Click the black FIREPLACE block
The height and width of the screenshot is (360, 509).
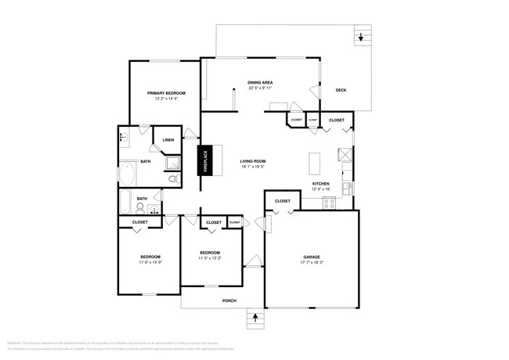[204, 160]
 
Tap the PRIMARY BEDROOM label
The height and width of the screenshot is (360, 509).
[165, 93]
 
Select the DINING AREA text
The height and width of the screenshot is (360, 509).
[260, 82]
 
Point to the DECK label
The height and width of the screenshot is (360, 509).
[341, 90]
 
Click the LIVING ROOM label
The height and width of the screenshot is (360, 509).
[252, 160]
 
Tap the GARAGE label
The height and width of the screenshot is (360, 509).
[312, 257]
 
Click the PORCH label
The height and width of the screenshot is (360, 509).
[229, 301]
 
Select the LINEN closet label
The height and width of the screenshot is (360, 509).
[168, 140]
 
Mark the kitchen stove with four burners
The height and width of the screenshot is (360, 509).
[330, 203]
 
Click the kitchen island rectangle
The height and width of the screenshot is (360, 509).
[316, 164]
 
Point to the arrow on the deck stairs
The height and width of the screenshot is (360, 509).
[361, 37]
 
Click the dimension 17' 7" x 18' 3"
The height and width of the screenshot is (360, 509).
[312, 263]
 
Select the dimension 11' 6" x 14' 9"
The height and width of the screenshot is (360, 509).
[150, 262]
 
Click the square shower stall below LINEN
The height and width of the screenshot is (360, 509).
[170, 163]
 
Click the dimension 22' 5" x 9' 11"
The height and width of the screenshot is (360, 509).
[260, 88]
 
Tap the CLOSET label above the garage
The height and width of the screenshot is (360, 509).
[283, 201]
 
